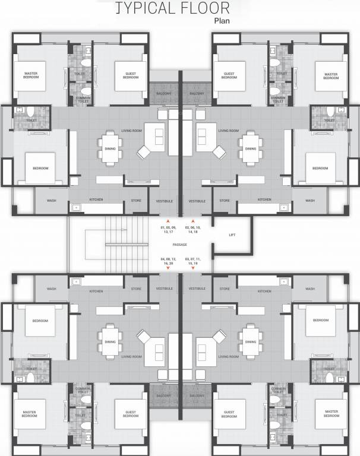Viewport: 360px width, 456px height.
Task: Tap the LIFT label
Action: [232, 235]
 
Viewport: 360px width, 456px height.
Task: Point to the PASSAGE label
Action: [180, 245]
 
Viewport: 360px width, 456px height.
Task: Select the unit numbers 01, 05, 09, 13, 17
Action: [169, 230]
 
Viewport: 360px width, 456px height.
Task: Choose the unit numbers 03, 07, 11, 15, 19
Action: [193, 262]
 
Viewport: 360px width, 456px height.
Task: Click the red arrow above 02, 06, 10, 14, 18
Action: [193, 220]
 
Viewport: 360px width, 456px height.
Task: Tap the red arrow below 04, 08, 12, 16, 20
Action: [169, 269]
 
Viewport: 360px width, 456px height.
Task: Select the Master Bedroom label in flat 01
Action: [31, 75]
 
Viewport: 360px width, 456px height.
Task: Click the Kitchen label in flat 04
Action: [96, 291]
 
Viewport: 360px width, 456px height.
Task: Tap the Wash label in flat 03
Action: [310, 289]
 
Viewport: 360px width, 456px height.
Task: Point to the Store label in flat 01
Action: [136, 201]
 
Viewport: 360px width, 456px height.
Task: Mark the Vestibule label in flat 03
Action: [197, 289]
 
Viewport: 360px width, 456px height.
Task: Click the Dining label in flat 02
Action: [250, 149]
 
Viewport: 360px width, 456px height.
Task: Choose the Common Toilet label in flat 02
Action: [277, 100]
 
